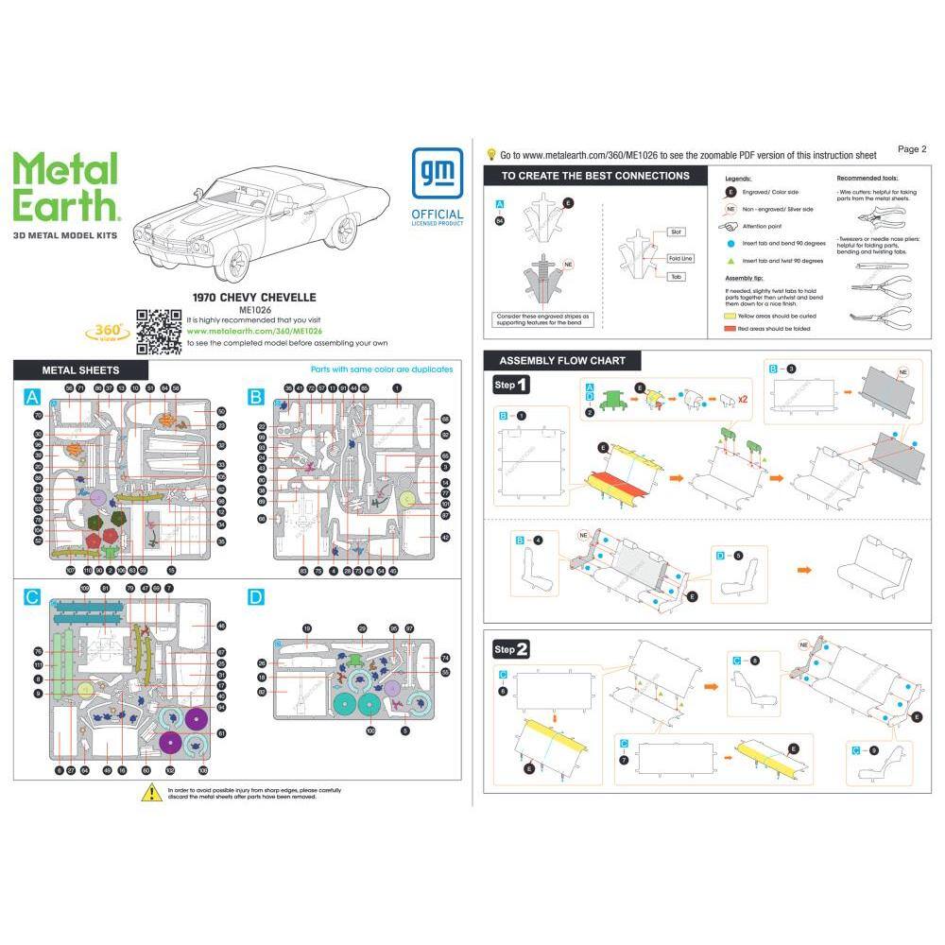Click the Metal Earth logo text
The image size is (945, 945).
tap(65, 187)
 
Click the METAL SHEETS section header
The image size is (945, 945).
tap(80, 369)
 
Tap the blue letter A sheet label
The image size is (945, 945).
tap(32, 398)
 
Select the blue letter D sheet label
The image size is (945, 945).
tap(255, 597)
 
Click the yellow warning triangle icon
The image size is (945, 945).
tap(150, 794)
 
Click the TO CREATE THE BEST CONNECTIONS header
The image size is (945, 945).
tap(594, 176)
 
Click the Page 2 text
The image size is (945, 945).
tap(912, 148)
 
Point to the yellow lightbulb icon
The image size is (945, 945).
tap(490, 153)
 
